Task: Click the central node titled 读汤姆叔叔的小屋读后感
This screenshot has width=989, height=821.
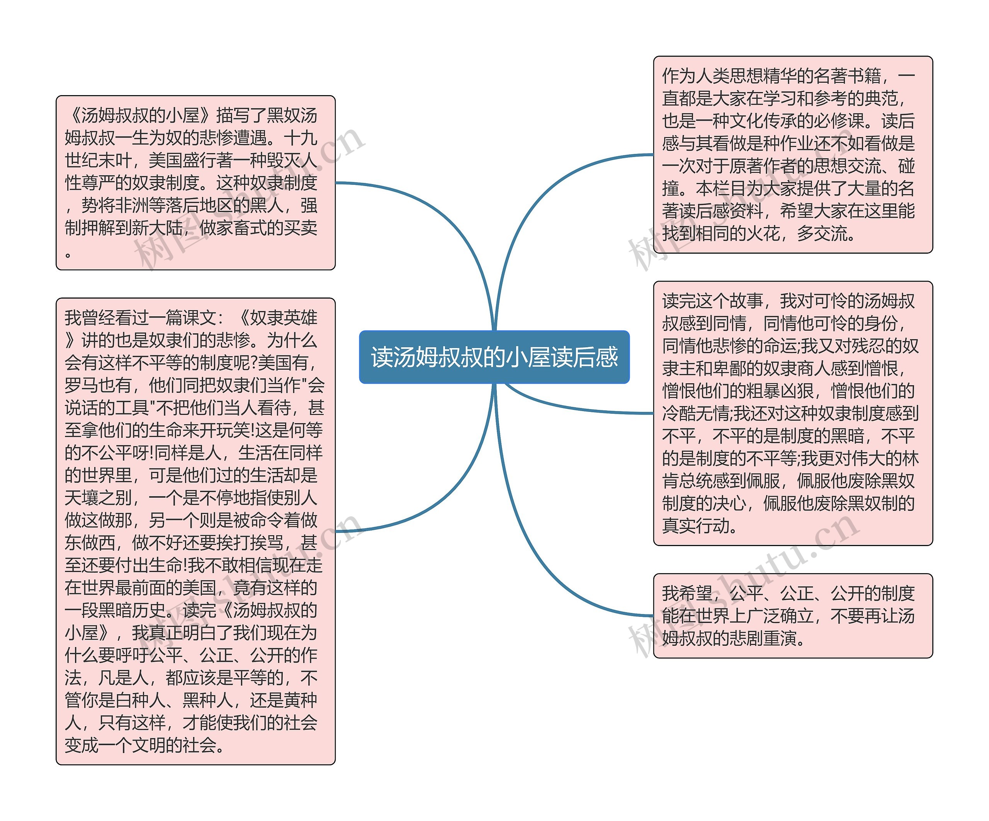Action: click(x=494, y=357)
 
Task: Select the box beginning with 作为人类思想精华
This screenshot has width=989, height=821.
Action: click(x=793, y=155)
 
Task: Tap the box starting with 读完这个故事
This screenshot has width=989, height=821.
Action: click(x=793, y=413)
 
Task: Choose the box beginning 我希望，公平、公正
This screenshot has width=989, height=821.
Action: click(x=793, y=616)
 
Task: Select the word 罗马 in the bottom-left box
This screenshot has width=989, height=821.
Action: click(x=82, y=385)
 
